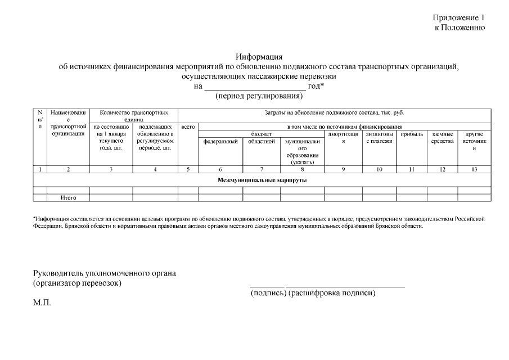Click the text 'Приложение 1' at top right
458,18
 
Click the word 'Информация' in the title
259,57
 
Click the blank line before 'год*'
254,87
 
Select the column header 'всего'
188,127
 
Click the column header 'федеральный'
220,141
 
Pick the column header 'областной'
262,141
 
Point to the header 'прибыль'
412,134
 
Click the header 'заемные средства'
443,138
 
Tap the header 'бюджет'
262,134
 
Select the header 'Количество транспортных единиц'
134,116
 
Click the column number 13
474,169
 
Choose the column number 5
188,169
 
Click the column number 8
302,169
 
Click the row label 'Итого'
68,198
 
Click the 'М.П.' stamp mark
42,303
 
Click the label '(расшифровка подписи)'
332,293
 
